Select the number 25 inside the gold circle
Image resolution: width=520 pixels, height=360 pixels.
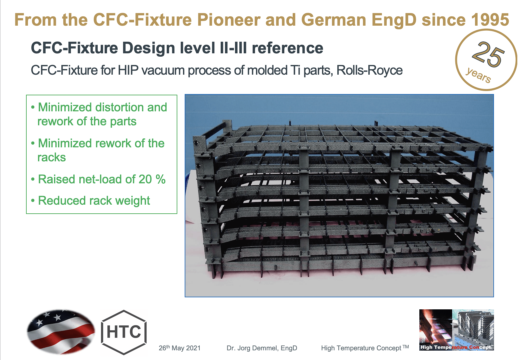[x=488, y=54]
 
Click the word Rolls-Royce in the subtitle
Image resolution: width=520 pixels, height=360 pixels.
[x=369, y=70]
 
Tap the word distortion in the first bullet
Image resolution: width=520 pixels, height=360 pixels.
[x=120, y=107]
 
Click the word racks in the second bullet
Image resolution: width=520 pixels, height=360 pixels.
[x=52, y=157]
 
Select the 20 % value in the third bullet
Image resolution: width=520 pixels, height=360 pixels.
[x=152, y=179]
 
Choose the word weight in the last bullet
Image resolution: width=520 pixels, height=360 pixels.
[x=133, y=201]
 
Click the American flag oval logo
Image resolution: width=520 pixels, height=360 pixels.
[x=61, y=331]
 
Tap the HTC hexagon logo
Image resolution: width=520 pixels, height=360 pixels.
[x=124, y=332]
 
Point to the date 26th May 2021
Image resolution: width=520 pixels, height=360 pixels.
[x=179, y=348]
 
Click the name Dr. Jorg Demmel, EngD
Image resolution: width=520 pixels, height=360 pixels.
[x=262, y=348]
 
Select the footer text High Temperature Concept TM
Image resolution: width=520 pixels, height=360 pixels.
[x=364, y=348]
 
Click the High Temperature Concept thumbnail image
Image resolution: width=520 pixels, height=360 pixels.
[x=456, y=330]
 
